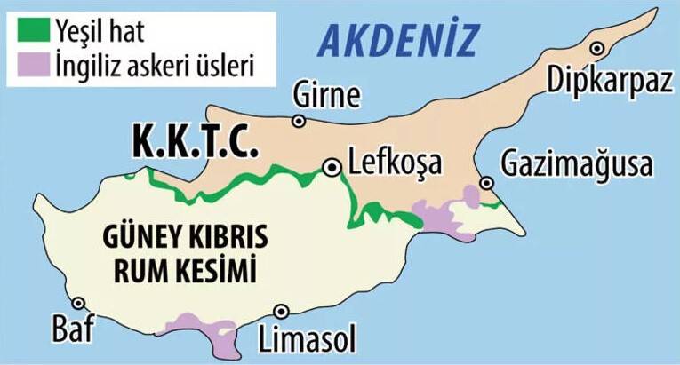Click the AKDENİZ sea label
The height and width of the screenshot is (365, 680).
[x=398, y=39]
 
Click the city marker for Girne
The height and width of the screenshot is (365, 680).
[x=299, y=121]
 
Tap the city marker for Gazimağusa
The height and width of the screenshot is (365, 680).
[x=486, y=183]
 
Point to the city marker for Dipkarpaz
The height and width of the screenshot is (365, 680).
[x=598, y=48]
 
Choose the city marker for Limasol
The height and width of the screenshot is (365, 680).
[x=282, y=311]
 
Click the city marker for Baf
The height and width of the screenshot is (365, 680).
[x=79, y=304]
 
